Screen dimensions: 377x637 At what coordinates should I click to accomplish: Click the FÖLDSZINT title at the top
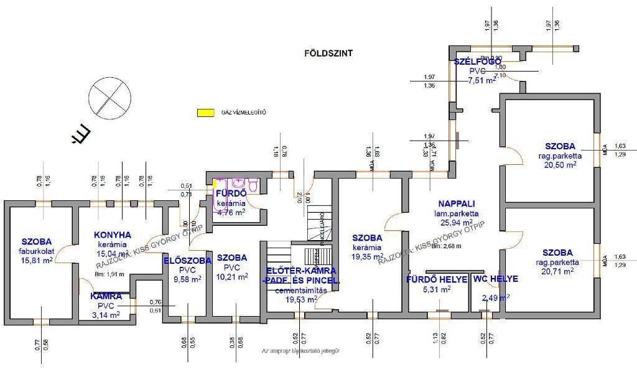(328, 54)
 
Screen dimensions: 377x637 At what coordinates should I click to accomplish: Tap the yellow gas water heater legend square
(203, 113)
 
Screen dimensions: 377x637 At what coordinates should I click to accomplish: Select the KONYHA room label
(113, 235)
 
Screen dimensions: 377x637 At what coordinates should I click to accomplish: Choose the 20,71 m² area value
(558, 272)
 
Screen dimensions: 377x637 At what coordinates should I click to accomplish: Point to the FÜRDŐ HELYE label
(437, 279)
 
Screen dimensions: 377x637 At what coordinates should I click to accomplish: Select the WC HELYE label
(495, 279)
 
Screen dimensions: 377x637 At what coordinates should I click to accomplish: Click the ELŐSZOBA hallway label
(187, 261)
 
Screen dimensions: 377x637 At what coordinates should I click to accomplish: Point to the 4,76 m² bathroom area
(230, 212)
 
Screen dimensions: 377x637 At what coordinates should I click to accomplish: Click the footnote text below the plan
(300, 351)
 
